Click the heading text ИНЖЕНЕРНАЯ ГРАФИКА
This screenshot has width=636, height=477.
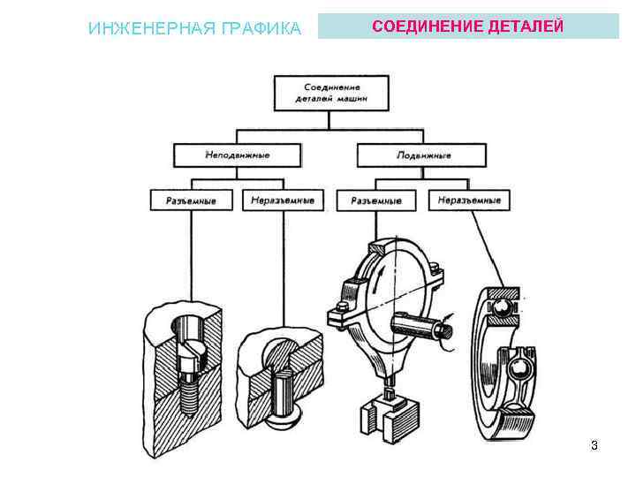pos(195,28)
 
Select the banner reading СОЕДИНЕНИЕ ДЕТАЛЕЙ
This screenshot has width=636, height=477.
pos(467,26)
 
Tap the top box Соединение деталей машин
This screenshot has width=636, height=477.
pos(331,93)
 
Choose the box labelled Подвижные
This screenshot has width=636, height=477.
pos(420,155)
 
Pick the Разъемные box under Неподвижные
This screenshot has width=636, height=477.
pos(193,201)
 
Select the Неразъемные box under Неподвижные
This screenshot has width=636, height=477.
pos(282,201)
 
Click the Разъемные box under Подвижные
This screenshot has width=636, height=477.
pos(376,201)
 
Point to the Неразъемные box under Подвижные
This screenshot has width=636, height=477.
pos(468,201)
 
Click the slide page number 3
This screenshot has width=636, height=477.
pos(594,445)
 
